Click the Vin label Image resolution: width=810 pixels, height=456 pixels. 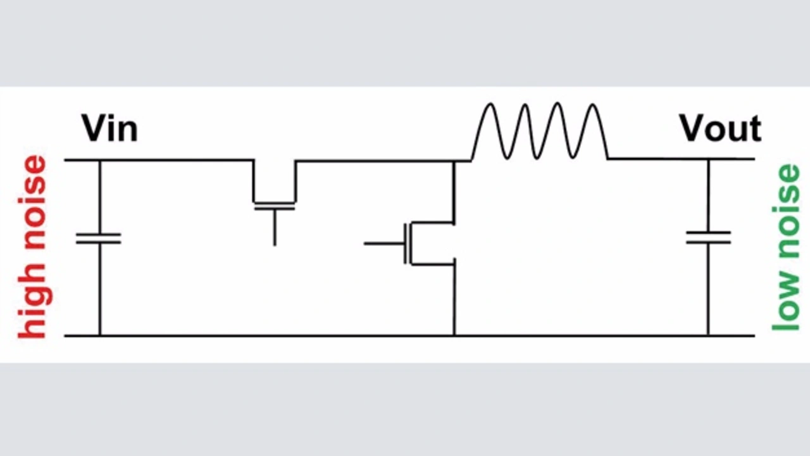109,130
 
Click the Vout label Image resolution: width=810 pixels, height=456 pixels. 720,129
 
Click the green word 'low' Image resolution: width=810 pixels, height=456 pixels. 787,300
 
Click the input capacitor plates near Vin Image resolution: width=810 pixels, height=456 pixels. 99,238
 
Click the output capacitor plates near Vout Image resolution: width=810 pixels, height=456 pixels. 708,238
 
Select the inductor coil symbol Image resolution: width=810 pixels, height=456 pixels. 539,132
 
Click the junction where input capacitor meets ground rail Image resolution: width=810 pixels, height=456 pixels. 99,335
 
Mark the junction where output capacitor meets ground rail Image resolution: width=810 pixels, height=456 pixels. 708,335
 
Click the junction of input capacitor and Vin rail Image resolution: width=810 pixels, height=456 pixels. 99,160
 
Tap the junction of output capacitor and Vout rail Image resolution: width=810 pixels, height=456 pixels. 708,159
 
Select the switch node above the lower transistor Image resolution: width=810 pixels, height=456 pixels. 454,161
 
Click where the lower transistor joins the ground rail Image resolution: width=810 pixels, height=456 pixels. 454,335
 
